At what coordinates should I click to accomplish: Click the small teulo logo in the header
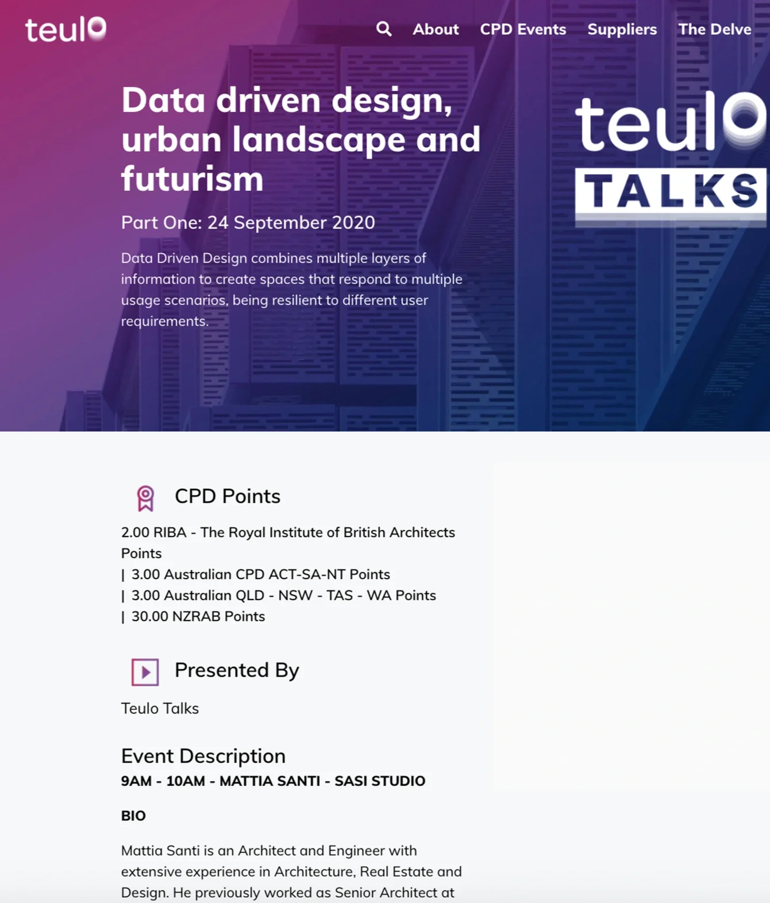(66, 29)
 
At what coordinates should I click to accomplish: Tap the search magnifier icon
(384, 29)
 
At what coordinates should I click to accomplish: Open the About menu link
(436, 29)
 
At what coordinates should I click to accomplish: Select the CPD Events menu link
(523, 29)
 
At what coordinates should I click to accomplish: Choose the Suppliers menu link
(622, 29)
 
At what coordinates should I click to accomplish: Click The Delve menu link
(714, 29)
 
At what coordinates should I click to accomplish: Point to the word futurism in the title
(192, 179)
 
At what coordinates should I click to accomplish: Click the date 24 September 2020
(291, 222)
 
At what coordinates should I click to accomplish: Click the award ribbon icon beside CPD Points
(145, 497)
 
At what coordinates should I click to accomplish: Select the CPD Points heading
(228, 496)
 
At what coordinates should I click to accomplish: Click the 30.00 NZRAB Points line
(198, 616)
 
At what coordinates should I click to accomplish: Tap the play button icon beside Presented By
(145, 672)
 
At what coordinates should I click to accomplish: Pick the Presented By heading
(237, 670)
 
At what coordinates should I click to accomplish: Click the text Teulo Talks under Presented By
(160, 708)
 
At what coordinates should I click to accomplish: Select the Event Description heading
(203, 756)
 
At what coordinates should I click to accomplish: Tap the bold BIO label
(133, 816)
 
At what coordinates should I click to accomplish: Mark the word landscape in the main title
(319, 140)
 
